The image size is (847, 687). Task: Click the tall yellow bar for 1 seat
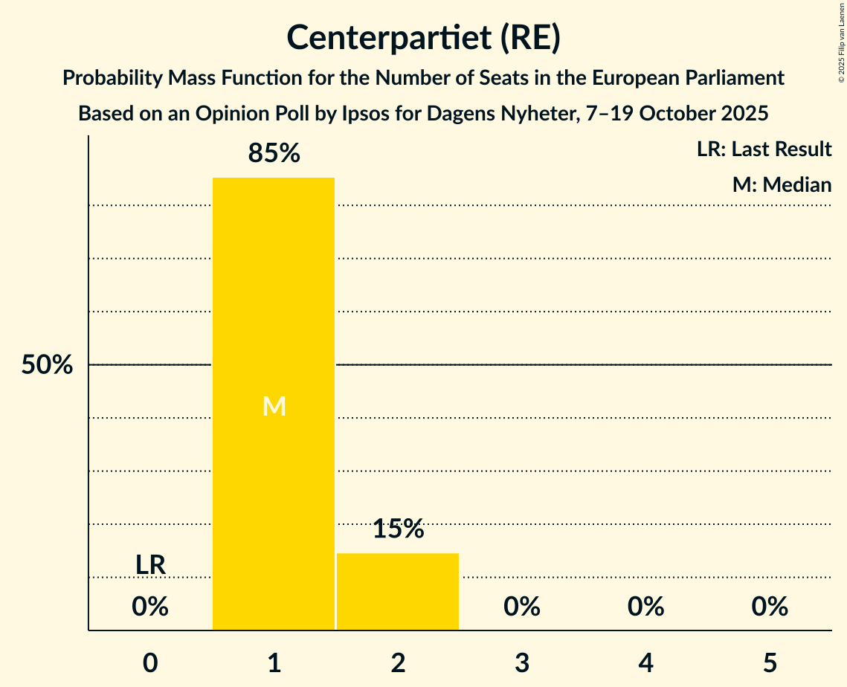point(273,297)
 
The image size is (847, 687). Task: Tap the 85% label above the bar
point(274,154)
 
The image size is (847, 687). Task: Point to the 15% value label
point(398,529)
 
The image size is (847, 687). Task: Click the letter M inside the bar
point(274,406)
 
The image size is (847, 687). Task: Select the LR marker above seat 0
point(150,565)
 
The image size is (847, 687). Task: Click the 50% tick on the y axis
point(47,365)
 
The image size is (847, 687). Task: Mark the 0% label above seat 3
point(521,607)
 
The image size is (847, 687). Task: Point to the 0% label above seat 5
point(769,607)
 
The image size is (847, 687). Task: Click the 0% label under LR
point(150,607)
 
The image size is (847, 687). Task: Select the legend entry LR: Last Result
point(764,149)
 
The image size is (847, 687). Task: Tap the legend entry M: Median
point(782,184)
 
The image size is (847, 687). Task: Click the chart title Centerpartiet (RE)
point(423,38)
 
